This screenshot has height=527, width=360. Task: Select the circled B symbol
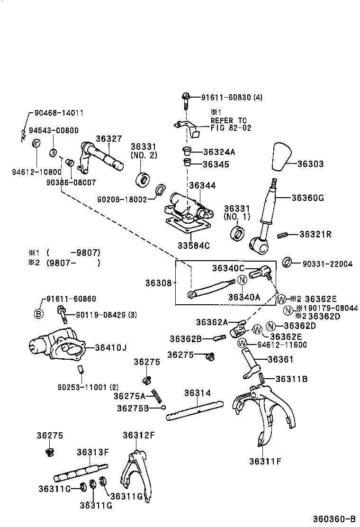(38, 313)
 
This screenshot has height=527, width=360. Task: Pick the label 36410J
(110, 347)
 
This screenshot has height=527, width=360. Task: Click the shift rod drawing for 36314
(194, 410)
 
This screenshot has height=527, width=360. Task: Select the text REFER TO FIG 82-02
(231, 124)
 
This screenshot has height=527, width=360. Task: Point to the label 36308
(158, 283)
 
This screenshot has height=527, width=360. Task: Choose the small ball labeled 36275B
(163, 407)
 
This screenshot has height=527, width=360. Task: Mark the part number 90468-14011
(59, 113)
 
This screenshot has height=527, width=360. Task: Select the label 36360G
(307, 198)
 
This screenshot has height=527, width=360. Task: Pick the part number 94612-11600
(282, 345)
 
